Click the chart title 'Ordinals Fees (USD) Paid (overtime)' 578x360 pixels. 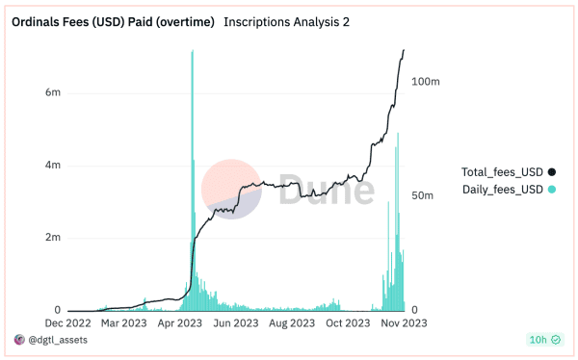pyautogui.click(x=112, y=21)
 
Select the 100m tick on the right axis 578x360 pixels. pyautogui.click(x=426, y=82)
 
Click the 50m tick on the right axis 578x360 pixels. pyautogui.click(x=424, y=195)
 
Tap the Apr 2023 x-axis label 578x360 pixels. pyautogui.click(x=179, y=323)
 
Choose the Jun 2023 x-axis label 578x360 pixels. pyautogui.click(x=234, y=323)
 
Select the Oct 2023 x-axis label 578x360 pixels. pyautogui.click(x=349, y=323)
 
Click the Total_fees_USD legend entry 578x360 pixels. pyautogui.click(x=502, y=171)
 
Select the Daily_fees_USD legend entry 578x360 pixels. pyautogui.click(x=502, y=190)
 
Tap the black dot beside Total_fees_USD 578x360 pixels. pyautogui.click(x=552, y=171)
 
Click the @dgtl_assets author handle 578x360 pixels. pyautogui.click(x=60, y=340)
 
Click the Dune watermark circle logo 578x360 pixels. pyautogui.click(x=231, y=189)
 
